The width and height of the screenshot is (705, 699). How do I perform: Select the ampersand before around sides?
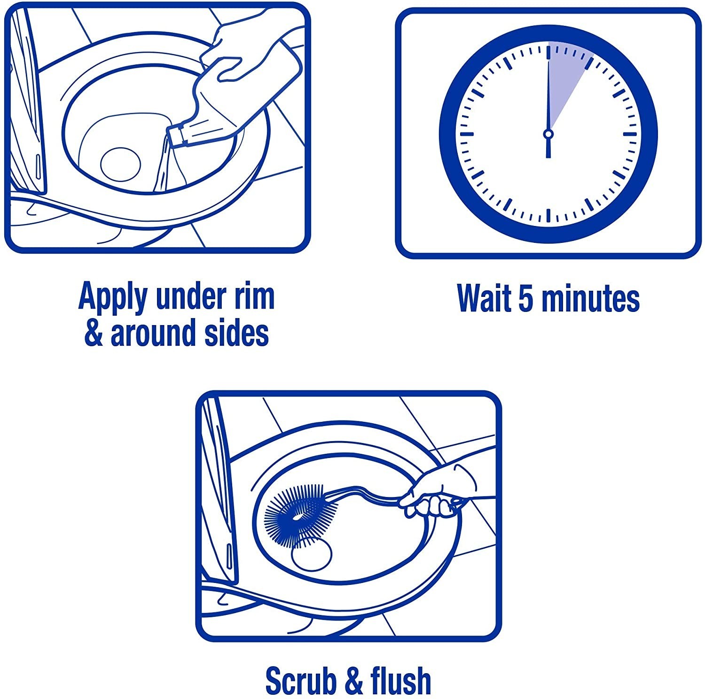click(x=94, y=333)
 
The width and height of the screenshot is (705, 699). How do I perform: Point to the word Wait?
click(x=484, y=298)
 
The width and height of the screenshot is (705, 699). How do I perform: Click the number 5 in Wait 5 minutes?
click(x=525, y=298)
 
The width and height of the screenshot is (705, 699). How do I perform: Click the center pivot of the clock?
click(x=548, y=134)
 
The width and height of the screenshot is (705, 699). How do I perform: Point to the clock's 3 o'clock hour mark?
click(x=629, y=134)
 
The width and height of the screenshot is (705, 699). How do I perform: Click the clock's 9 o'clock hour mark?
click(x=467, y=134)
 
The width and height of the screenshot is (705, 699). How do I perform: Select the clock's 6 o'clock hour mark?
click(x=548, y=215)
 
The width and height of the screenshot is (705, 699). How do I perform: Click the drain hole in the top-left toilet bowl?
click(x=120, y=164)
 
